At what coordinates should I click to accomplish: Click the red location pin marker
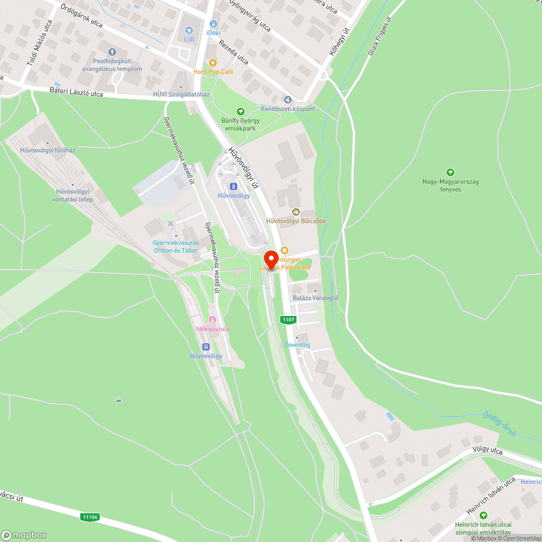pos(271,259)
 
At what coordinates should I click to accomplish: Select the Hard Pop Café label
pos(213,72)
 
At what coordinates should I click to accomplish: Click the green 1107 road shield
pos(288,320)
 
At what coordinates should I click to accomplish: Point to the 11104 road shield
pos(90,517)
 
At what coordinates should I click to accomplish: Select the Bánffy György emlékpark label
pos(240,124)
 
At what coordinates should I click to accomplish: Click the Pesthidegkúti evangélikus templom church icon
pos(112,53)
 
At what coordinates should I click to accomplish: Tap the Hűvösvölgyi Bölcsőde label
pos(296,221)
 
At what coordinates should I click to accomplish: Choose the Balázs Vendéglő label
pos(315,298)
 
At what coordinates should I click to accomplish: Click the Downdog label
pos(297,345)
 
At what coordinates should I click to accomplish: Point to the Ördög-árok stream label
pos(499,424)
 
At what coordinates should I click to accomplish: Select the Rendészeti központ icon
pos(287,100)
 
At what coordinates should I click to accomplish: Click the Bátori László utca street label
pos(76,93)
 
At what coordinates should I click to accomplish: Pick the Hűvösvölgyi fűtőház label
pos(48,150)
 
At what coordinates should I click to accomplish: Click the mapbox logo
pos(24,534)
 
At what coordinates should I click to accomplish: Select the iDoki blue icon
pos(214,24)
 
